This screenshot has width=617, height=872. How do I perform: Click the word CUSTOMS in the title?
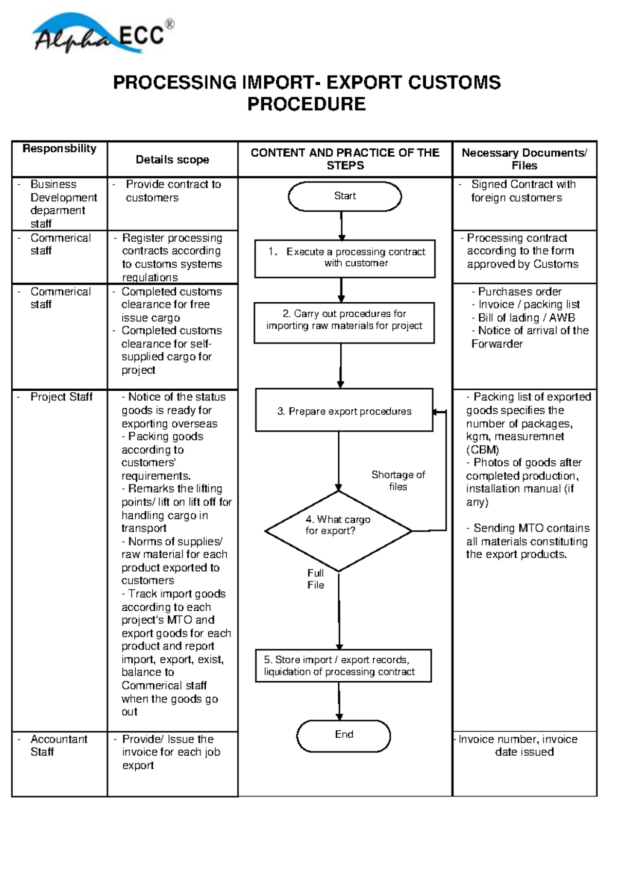[452, 83]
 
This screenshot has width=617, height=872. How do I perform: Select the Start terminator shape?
[344, 196]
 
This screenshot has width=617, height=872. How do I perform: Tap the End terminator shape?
[343, 735]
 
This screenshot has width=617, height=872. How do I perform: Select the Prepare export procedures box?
[344, 411]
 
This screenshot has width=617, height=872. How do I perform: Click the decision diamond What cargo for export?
[338, 530]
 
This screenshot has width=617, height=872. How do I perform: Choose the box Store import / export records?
[343, 666]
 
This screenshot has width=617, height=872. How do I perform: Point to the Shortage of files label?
[398, 480]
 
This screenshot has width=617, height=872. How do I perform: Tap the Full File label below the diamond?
[315, 579]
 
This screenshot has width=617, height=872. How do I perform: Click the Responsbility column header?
[60, 149]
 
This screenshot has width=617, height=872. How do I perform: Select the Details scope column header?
[172, 160]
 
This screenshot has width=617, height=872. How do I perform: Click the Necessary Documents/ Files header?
[524, 159]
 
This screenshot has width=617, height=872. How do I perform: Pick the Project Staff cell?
[61, 397]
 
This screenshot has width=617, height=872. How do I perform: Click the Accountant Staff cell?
[58, 746]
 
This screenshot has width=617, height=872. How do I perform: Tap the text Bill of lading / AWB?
[526, 318]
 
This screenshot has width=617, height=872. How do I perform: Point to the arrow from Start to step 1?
[341, 226]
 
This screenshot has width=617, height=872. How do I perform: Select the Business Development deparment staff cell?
[63, 204]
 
